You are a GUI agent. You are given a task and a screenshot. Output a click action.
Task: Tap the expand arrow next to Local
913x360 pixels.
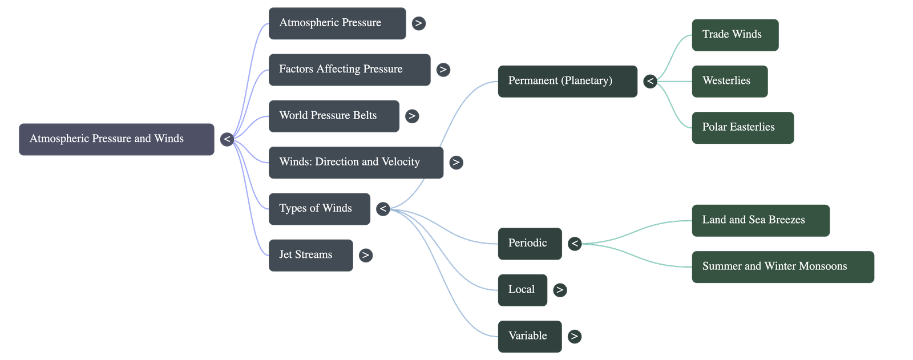(560, 290)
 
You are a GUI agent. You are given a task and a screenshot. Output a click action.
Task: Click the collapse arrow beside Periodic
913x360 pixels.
(575, 244)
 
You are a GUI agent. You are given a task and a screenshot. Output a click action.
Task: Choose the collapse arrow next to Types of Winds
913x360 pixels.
(383, 209)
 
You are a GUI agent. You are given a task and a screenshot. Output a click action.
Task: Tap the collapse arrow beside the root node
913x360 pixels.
(227, 139)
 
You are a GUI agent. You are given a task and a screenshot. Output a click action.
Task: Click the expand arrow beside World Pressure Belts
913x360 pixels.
(411, 116)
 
